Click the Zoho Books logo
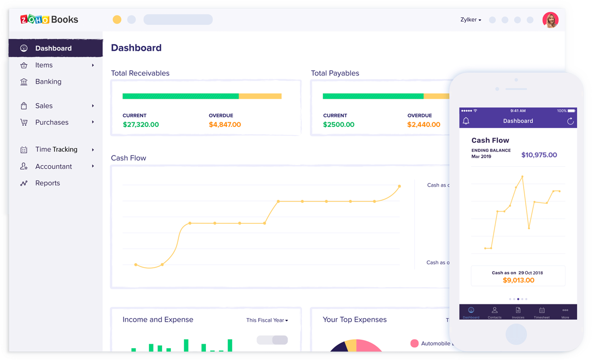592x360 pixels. click(x=49, y=19)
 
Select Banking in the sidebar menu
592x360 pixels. click(x=48, y=82)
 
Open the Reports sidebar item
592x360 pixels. click(x=47, y=183)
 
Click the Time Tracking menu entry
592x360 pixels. click(x=56, y=149)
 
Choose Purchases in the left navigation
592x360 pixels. click(x=52, y=122)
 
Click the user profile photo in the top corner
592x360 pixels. click(x=550, y=20)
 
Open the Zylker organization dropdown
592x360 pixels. click(x=470, y=20)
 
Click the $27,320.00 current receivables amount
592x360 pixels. click(x=141, y=124)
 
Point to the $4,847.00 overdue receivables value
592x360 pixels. click(x=224, y=124)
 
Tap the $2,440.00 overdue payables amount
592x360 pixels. click(x=423, y=124)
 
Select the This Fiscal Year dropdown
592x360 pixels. click(x=267, y=320)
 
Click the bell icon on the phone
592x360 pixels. click(x=466, y=121)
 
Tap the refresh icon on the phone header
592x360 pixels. click(x=570, y=121)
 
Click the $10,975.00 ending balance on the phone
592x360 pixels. click(x=539, y=155)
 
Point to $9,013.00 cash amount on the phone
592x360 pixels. click(x=518, y=280)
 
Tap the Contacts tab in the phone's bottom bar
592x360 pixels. click(x=494, y=313)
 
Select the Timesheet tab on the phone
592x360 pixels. click(x=542, y=313)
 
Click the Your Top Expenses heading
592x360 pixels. click(x=354, y=320)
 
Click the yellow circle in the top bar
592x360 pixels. click(x=117, y=19)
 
